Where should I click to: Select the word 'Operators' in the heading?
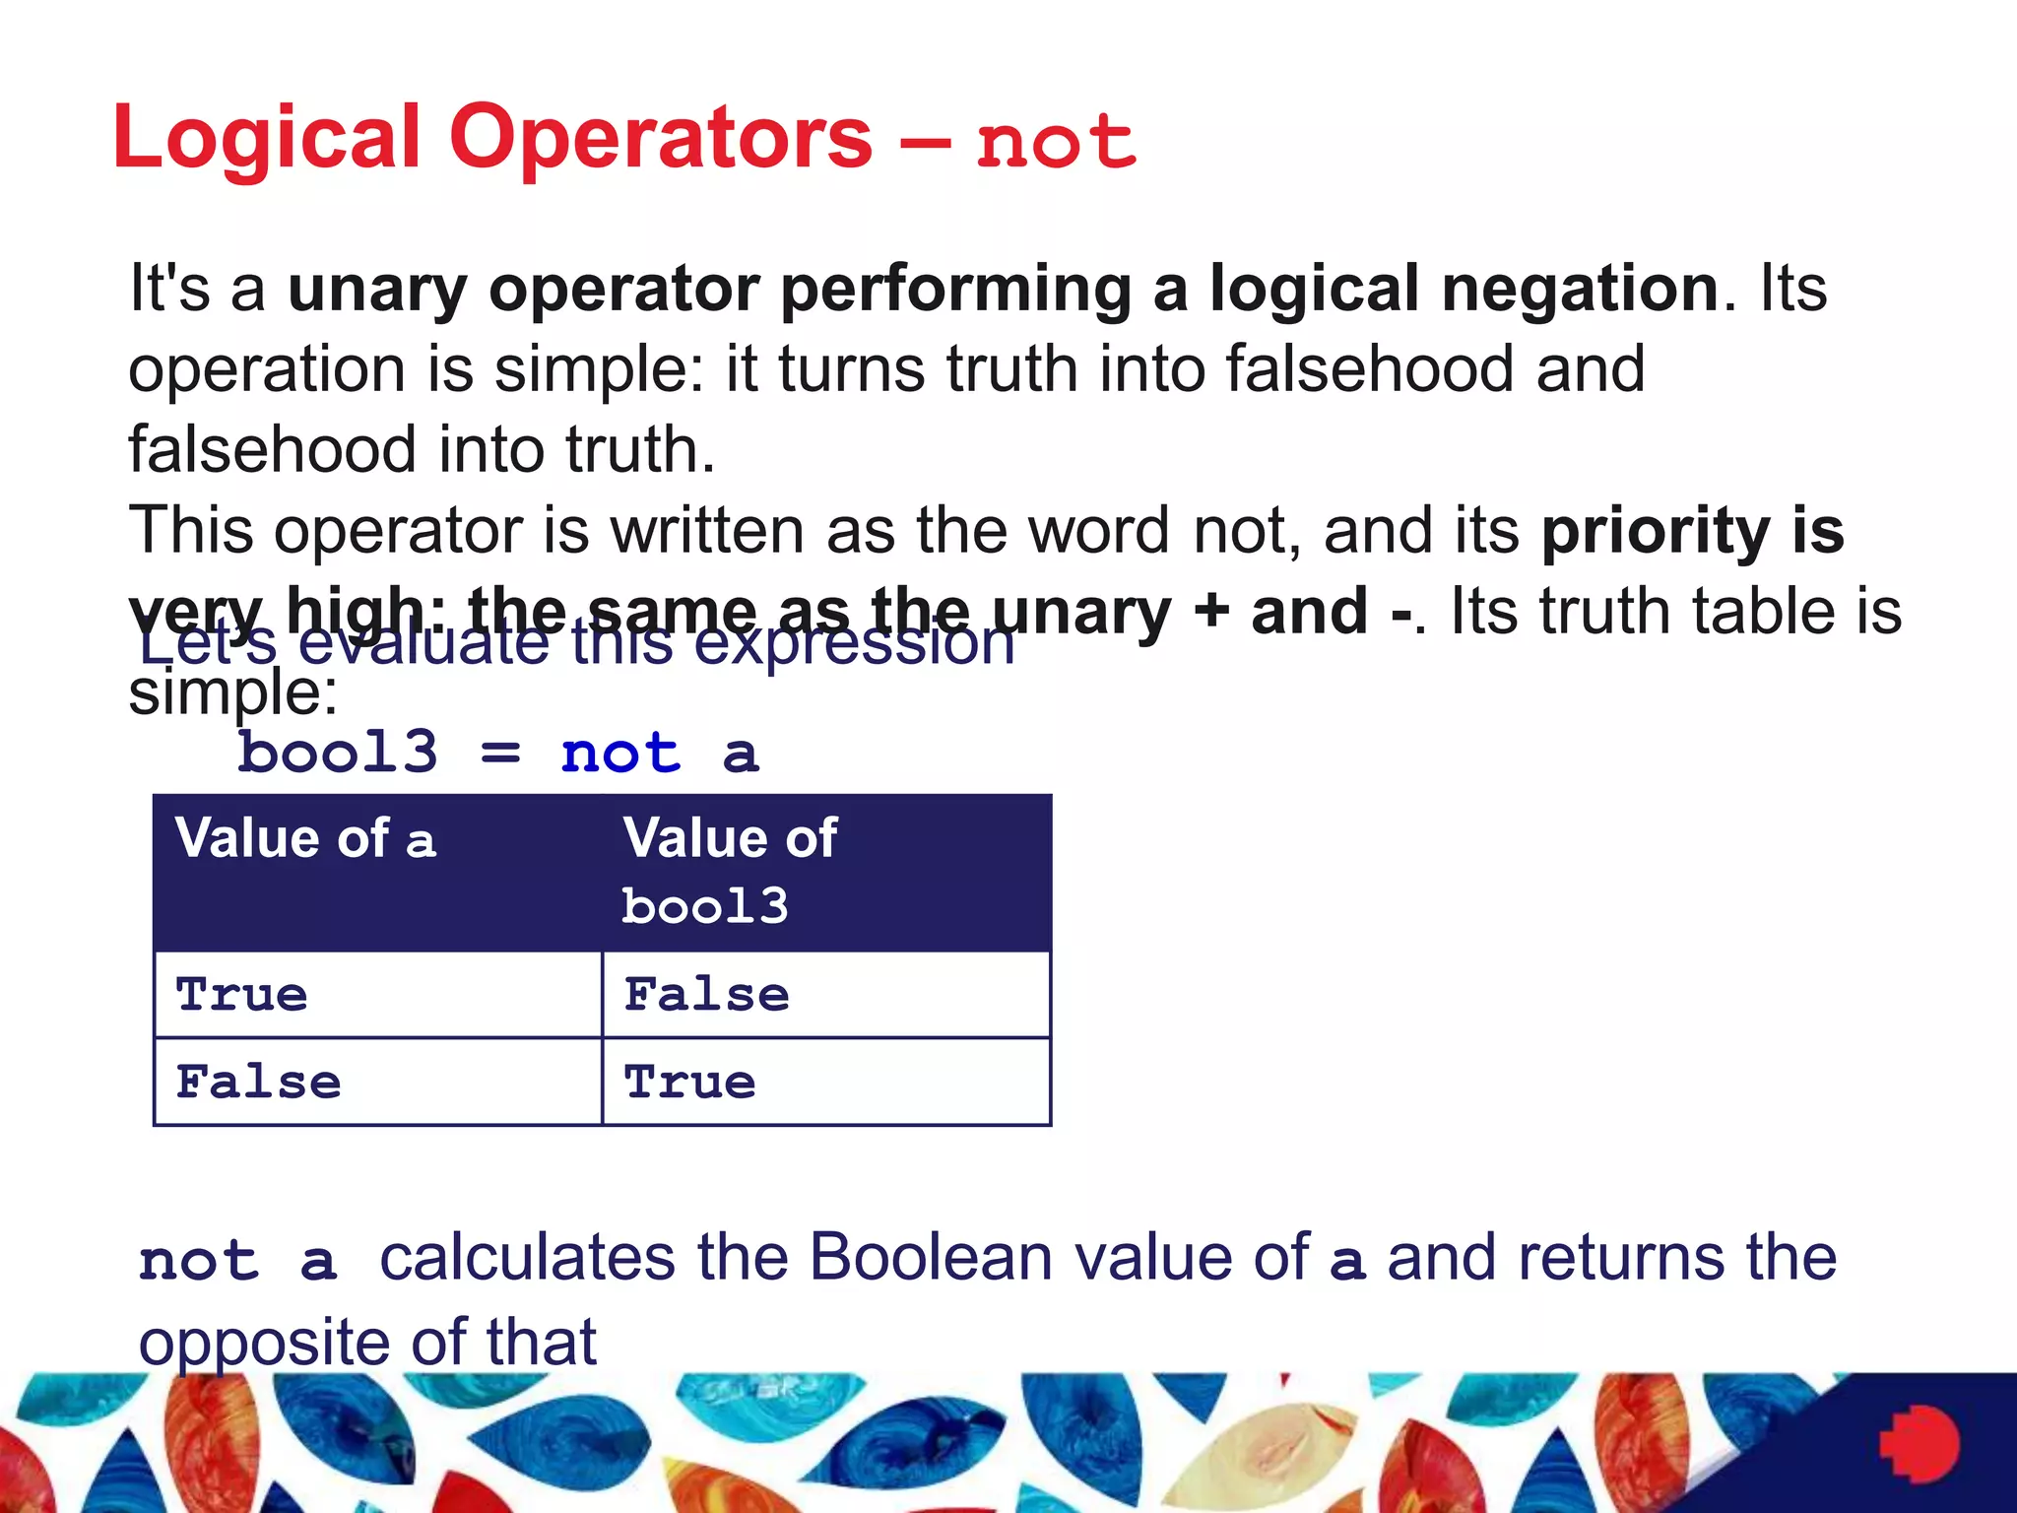[660, 138]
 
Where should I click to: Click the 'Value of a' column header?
[305, 839]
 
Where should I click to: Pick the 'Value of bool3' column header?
[730, 872]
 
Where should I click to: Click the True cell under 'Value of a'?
[242, 995]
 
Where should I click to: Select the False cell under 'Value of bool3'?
[706, 995]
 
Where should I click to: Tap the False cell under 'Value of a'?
[258, 1083]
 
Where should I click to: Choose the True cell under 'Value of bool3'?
[690, 1083]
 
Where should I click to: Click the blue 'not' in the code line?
[620, 755]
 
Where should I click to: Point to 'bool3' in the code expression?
[338, 754]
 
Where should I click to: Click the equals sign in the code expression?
[500, 755]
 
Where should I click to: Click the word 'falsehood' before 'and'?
[1370, 369]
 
